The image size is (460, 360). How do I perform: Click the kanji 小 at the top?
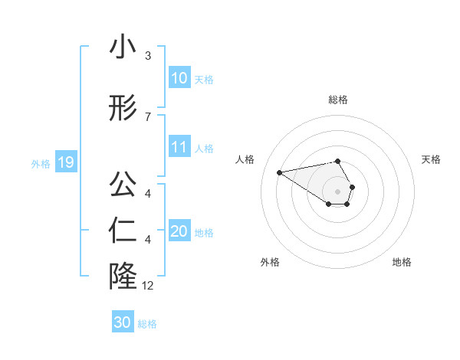(x=123, y=48)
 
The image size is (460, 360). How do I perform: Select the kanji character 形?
(x=123, y=110)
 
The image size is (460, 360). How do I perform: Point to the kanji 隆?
(x=123, y=276)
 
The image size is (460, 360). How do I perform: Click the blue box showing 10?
(x=179, y=78)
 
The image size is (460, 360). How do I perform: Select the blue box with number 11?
(x=179, y=148)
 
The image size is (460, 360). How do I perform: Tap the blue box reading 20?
(x=179, y=232)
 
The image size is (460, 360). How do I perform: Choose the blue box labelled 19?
(x=65, y=162)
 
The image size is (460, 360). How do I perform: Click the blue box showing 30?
(x=123, y=322)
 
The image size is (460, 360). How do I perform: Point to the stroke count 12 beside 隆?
(x=148, y=286)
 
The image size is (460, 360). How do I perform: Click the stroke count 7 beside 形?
(x=148, y=116)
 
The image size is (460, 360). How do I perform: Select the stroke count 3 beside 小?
(x=148, y=56)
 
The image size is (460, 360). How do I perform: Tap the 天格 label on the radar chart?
(x=431, y=159)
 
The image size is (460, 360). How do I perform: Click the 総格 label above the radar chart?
(x=338, y=100)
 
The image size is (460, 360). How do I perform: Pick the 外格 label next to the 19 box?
(x=41, y=163)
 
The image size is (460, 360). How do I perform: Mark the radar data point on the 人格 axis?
(x=280, y=172)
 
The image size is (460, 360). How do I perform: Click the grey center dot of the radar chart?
(x=338, y=191)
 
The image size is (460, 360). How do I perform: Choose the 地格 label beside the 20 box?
(x=204, y=233)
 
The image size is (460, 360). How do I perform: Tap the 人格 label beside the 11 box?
(x=204, y=149)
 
